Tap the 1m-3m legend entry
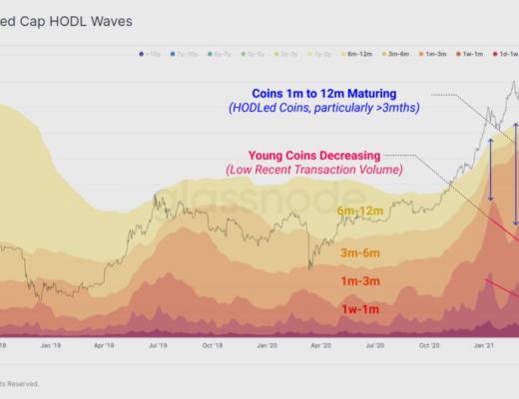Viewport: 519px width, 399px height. [434, 51]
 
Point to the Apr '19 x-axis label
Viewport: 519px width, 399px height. [107, 345]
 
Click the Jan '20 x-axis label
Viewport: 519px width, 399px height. [267, 345]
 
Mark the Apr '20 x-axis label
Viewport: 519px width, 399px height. [321, 345]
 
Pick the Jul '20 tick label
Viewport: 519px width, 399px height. [375, 345]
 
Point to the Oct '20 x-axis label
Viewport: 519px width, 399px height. [429, 345]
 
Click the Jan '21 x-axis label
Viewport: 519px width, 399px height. [483, 345]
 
